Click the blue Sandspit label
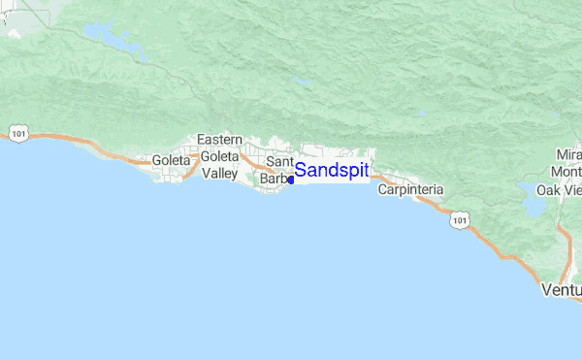pyautogui.click(x=332, y=171)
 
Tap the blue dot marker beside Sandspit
pyautogui.click(x=291, y=180)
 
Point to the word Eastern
pyautogui.click(x=220, y=141)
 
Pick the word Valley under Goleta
pyautogui.click(x=219, y=173)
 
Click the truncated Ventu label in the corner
pyautogui.click(x=562, y=290)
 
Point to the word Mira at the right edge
pyautogui.click(x=568, y=155)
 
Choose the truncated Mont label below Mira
pyautogui.click(x=566, y=172)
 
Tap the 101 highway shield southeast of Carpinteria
pyautogui.click(x=459, y=221)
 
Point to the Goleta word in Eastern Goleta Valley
pyautogui.click(x=218, y=156)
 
